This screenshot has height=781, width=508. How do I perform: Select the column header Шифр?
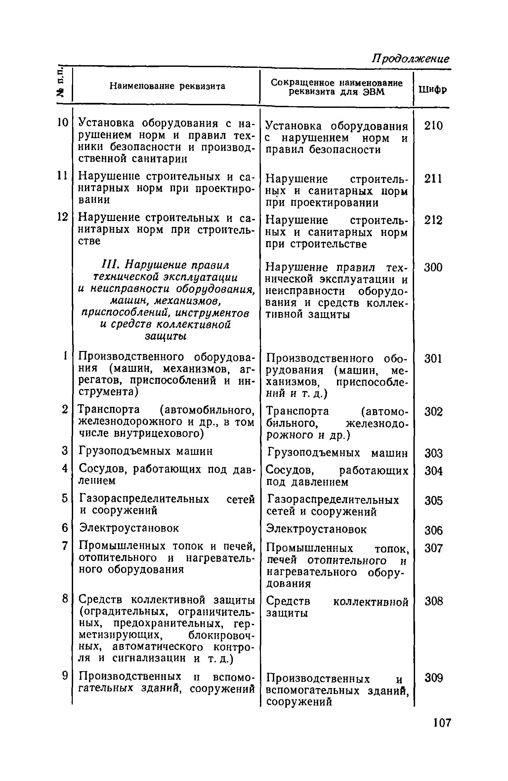(x=433, y=90)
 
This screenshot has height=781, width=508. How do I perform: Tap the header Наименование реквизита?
(x=167, y=86)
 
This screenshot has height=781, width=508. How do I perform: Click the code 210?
(x=433, y=126)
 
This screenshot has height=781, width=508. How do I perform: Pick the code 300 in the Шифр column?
(x=433, y=267)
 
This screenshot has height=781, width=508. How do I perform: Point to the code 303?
(x=433, y=453)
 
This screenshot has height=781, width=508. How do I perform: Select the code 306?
(x=433, y=531)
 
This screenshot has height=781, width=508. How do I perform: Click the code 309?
(x=433, y=678)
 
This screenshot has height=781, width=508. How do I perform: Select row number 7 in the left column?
(x=65, y=546)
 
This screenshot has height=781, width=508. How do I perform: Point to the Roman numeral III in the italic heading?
(x=108, y=266)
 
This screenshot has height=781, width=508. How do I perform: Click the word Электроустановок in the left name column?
(x=129, y=528)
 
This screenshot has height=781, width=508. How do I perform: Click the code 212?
(x=433, y=220)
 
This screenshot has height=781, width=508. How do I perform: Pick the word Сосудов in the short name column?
(x=287, y=470)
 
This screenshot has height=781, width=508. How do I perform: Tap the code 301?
(x=433, y=359)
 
